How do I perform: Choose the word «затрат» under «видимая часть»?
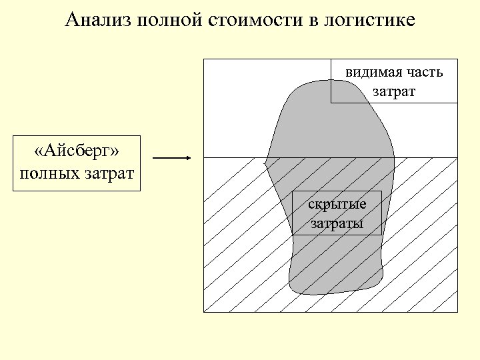tap(394, 91)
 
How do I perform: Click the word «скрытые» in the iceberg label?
tap(337, 205)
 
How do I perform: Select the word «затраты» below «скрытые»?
tap(337, 223)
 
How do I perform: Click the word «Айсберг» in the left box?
tap(77, 152)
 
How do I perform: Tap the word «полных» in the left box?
tap(47, 175)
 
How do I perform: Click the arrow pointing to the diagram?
tap(171, 158)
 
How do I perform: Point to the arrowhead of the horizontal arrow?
tap(189, 158)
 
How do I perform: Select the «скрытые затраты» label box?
tap(337, 213)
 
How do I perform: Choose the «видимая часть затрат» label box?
tap(394, 81)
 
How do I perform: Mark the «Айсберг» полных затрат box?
tap(77, 163)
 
